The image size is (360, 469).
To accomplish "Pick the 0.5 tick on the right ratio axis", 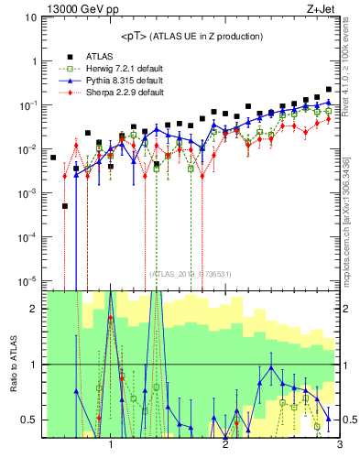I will click(349, 420).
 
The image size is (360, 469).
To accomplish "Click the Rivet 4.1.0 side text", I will click(352, 63).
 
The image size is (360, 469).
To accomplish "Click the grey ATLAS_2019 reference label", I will click(191, 274).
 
